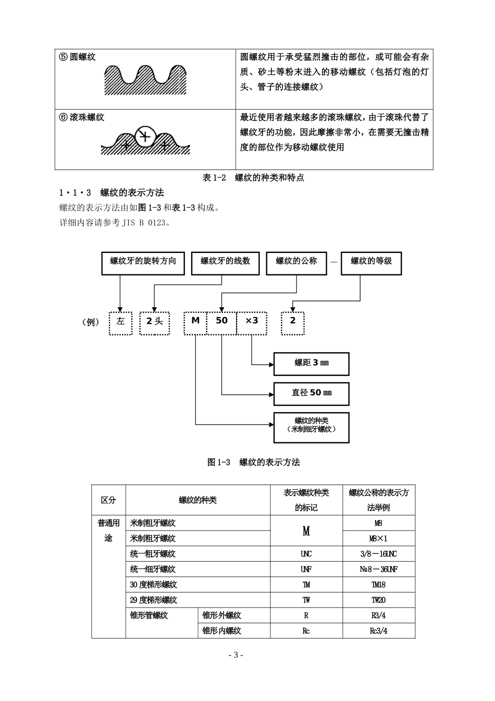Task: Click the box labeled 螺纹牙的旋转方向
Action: click(x=143, y=263)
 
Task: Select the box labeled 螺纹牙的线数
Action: click(x=225, y=263)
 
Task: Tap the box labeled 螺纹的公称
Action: click(x=296, y=263)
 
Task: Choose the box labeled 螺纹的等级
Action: click(x=370, y=263)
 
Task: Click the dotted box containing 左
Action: click(x=120, y=323)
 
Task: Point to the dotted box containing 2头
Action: click(x=155, y=323)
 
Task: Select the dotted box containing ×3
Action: click(x=252, y=323)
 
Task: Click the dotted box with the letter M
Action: click(x=195, y=323)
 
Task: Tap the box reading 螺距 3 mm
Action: click(x=312, y=363)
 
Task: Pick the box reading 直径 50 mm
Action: click(x=312, y=393)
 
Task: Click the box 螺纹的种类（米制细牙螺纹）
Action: click(x=312, y=427)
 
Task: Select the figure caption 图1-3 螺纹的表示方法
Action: click(x=254, y=462)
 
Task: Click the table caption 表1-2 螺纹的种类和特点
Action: click(x=253, y=178)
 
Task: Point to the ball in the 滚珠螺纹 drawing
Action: click(x=145, y=136)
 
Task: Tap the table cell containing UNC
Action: click(x=306, y=554)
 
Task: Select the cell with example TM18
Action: click(x=379, y=585)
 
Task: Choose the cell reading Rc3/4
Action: click(x=379, y=631)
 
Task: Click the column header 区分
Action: click(x=108, y=500)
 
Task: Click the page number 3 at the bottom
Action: click(x=235, y=655)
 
